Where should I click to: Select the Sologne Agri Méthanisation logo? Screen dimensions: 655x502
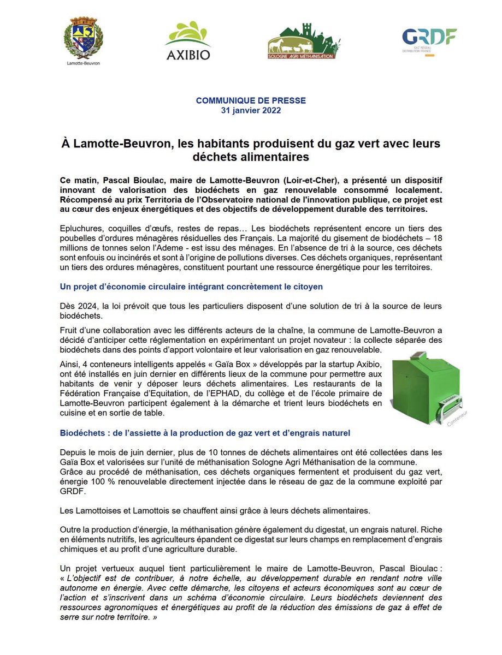coord(304,41)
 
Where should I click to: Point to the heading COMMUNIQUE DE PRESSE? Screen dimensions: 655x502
coord(251,100)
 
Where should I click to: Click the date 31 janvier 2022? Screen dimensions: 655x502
coord(251,110)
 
